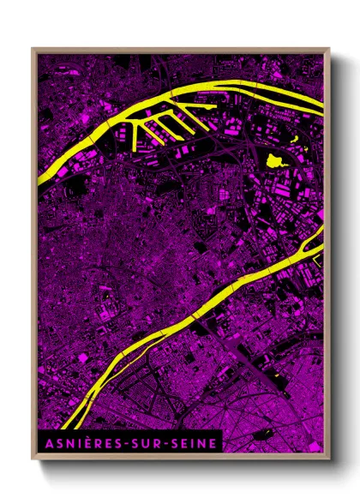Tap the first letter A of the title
[45, 442]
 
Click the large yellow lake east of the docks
[275, 159]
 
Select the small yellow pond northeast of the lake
[296, 139]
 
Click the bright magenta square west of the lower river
[82, 355]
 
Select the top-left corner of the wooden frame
[32, 49]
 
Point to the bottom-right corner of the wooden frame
[329, 459]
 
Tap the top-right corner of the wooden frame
[329, 49]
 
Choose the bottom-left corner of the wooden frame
[32, 459]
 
